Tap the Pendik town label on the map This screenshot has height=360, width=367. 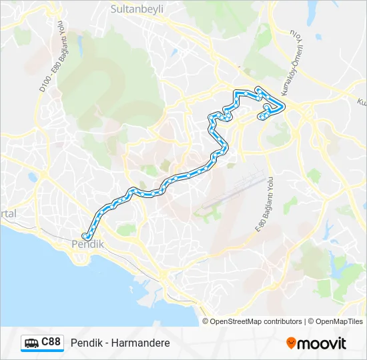tap(87, 245)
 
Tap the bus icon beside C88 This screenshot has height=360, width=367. tap(31, 343)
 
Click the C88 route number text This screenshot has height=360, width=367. tap(51, 343)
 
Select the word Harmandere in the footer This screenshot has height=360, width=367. tap(141, 343)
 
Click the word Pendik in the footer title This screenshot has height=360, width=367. tap(85, 343)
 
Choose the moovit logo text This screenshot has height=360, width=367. tap(322, 343)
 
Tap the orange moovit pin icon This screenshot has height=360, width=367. tap(291, 343)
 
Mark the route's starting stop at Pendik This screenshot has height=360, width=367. tap(85, 236)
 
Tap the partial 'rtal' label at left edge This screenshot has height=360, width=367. tap(7, 213)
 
